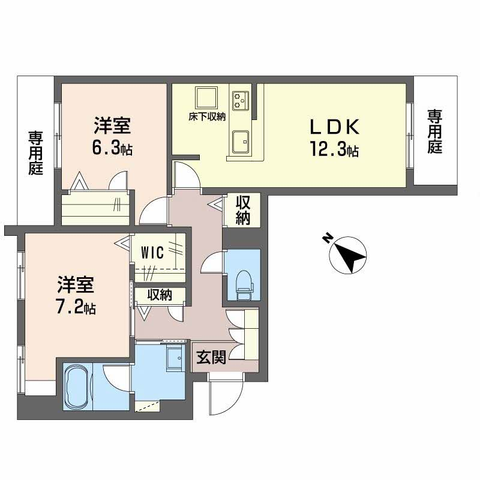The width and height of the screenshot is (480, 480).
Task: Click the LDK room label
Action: coord(335,127)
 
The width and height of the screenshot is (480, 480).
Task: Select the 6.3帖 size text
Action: coord(112,148)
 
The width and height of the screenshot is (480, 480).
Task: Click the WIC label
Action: coord(152,253)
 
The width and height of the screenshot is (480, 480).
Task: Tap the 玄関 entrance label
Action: coord(211,357)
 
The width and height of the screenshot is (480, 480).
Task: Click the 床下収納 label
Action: coord(207,116)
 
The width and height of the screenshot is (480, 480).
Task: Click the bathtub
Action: coord(77,386)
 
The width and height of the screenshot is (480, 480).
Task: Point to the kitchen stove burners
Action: coord(241,99)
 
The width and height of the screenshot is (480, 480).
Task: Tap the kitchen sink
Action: coord(241,142)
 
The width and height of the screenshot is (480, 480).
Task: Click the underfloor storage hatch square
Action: coord(207,98)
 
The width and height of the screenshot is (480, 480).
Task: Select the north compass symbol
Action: coord(348,255)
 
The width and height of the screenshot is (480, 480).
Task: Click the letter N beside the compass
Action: coord(328,238)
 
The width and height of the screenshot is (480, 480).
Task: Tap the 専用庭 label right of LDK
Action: coord(434,131)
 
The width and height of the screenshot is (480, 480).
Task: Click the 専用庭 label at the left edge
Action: coord(36,153)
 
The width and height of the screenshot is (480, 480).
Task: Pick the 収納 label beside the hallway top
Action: coord(243,210)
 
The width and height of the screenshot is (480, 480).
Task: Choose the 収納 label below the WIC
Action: coord(160,295)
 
